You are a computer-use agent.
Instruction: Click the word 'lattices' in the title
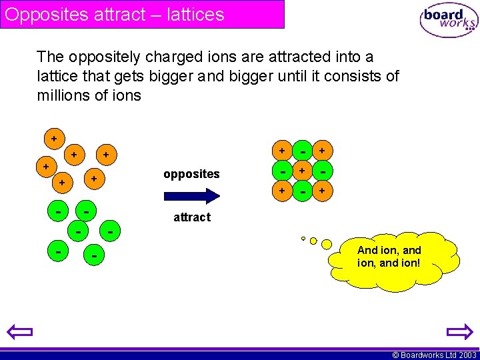tap(193, 14)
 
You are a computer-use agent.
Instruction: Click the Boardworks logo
tap(449, 21)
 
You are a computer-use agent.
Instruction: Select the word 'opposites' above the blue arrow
tap(191, 174)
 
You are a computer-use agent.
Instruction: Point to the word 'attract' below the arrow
tap(191, 217)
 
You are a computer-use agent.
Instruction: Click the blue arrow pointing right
tap(191, 196)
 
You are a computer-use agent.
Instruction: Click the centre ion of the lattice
tap(303, 171)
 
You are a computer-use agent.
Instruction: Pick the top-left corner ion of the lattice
tap(282, 151)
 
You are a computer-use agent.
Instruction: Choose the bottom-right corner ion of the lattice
tap(323, 192)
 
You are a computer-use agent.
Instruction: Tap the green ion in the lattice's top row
tap(303, 151)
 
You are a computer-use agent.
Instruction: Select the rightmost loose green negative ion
tap(110, 231)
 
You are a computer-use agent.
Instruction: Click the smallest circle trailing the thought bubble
tap(303, 238)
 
